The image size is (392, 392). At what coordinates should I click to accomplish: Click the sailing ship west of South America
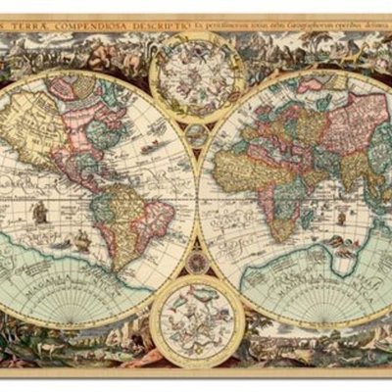pyautogui.click(x=40, y=211)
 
